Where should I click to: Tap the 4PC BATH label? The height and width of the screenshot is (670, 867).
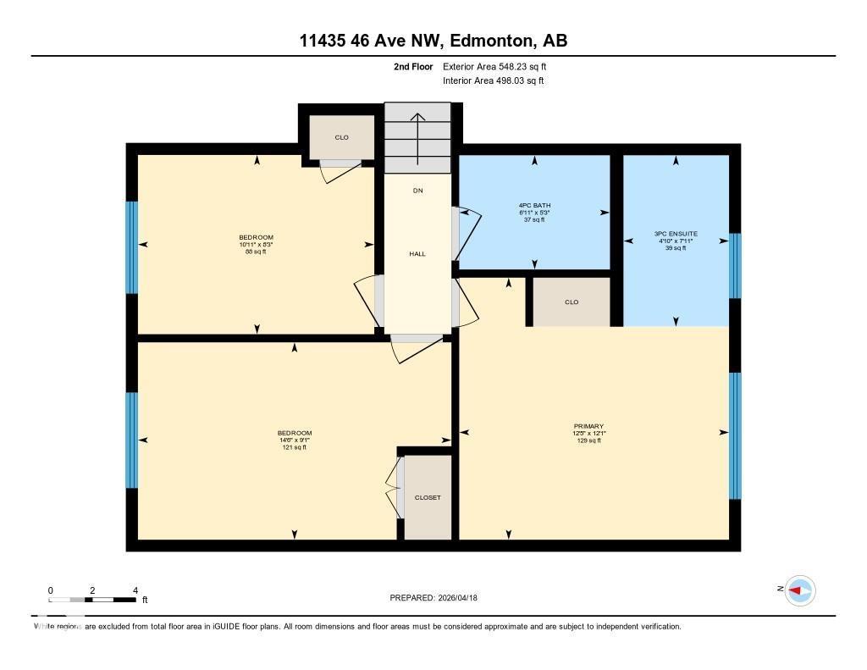point(534,205)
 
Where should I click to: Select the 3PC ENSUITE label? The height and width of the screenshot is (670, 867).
point(675,233)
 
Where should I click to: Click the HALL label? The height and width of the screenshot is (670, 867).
point(417,254)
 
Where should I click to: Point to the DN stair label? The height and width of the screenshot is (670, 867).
point(417,191)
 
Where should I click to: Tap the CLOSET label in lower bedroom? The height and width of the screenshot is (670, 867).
point(428,497)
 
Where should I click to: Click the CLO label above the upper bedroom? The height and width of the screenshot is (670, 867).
point(341,137)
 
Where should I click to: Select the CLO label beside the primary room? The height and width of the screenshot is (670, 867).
point(572,302)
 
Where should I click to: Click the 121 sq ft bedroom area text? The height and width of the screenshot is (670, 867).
point(294,447)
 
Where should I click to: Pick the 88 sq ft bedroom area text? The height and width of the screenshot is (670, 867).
point(256,252)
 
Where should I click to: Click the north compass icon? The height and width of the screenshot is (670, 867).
point(799,590)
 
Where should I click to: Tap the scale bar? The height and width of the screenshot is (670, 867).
point(92,600)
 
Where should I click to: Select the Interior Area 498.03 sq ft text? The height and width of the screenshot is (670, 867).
point(493,80)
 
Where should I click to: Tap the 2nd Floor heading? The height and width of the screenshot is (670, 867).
point(412,66)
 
